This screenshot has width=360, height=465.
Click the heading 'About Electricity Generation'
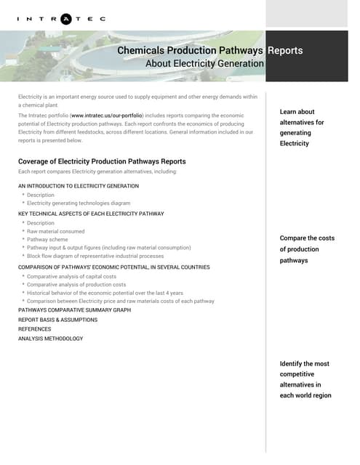coord(204,64)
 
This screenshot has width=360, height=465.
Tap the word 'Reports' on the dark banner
coord(285,51)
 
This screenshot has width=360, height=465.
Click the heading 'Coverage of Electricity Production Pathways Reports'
coord(102,161)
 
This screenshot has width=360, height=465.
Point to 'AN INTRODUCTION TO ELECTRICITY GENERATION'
coord(79,186)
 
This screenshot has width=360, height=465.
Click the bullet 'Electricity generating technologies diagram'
coord(79,203)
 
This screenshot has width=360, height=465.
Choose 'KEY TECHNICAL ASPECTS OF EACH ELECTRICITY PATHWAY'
coord(91,214)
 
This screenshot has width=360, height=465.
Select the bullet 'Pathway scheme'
coord(48,239)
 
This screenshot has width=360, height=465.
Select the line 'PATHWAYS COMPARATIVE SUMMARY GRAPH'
coord(74,310)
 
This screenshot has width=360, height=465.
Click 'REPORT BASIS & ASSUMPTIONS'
coord(57,320)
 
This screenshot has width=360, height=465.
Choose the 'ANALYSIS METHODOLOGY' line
coord(50,339)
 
